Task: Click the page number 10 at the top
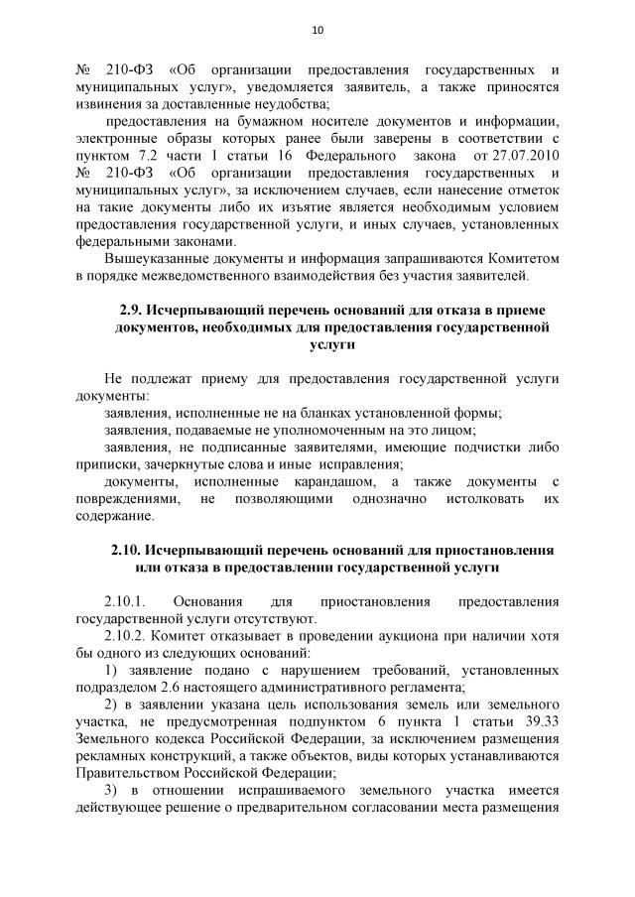pyautogui.click(x=317, y=29)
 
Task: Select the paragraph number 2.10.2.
pyautogui.click(x=125, y=637)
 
